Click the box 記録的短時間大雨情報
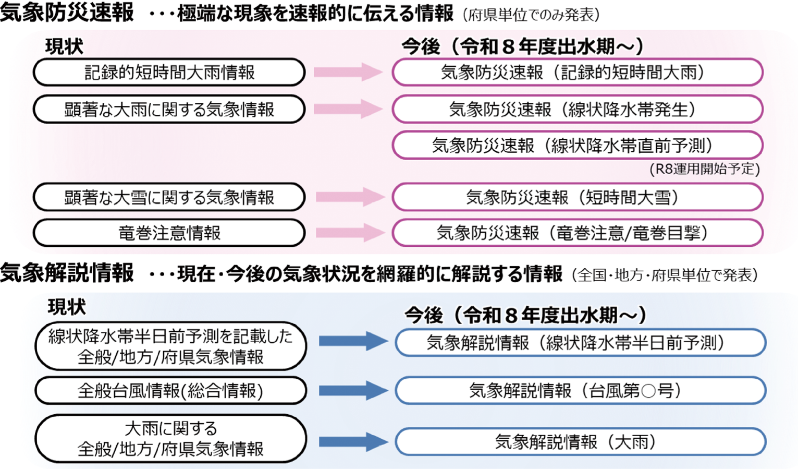(x=169, y=72)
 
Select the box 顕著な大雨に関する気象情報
(x=169, y=109)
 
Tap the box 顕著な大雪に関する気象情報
(x=169, y=197)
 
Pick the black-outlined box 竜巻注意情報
(x=169, y=233)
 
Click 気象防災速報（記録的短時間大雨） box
(x=577, y=72)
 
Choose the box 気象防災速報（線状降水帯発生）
(x=577, y=109)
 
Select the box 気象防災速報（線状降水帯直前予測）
(x=577, y=145)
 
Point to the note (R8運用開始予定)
(x=704, y=169)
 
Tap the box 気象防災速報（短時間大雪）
(x=577, y=197)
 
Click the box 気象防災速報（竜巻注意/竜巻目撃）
(x=577, y=233)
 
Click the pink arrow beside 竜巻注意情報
(x=350, y=233)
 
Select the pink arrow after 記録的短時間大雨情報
(x=348, y=72)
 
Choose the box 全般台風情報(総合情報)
(x=170, y=390)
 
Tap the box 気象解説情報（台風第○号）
(x=580, y=390)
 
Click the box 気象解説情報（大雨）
(x=580, y=442)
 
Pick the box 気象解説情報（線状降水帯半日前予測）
(x=580, y=343)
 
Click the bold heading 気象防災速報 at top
(x=67, y=13)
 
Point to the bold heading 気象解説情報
(x=67, y=273)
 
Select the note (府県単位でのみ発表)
(x=531, y=15)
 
